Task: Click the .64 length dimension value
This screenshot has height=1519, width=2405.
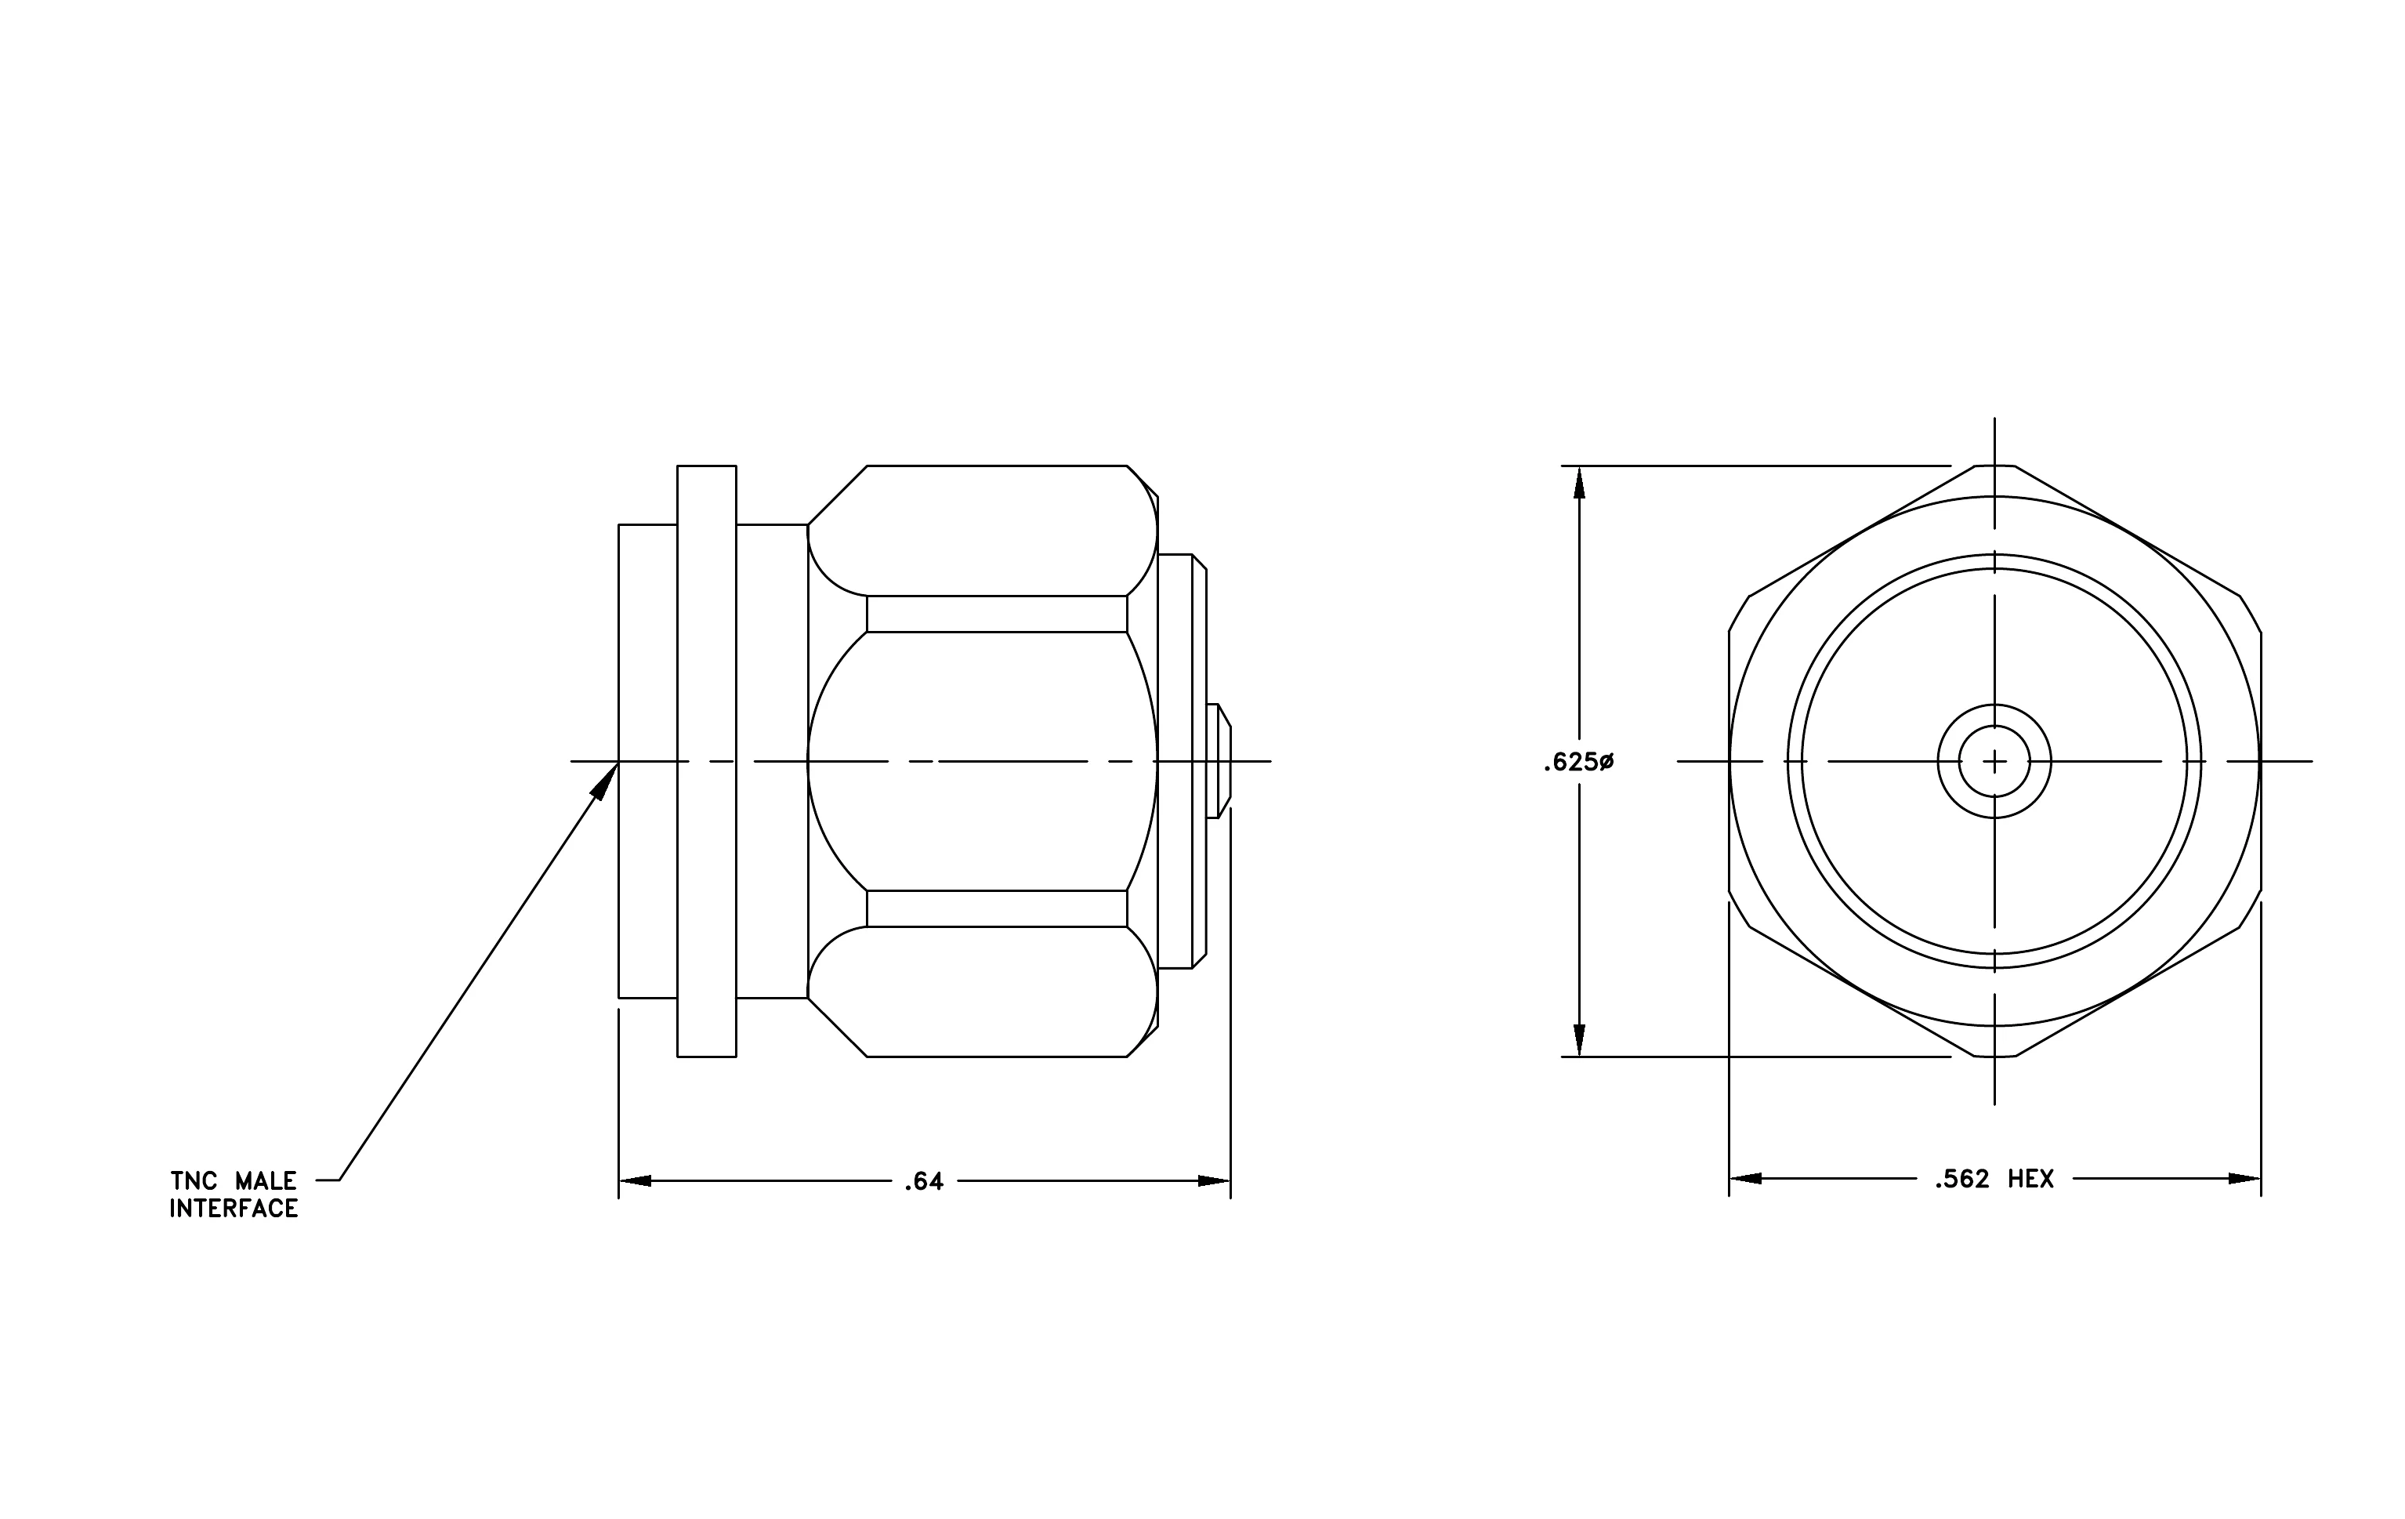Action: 923,1181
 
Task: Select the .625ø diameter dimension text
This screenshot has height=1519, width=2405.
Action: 1578,762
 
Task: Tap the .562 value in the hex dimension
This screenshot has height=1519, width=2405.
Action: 1961,1180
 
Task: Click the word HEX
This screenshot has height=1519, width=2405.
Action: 2030,1180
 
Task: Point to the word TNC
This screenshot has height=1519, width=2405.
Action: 194,1181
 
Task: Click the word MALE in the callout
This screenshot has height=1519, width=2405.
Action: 265,1181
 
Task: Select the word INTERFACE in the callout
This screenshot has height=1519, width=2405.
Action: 234,1209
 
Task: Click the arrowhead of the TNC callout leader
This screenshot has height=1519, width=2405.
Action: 605,780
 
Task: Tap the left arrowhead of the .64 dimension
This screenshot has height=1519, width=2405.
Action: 636,1181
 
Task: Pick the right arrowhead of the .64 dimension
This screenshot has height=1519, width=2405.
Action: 1215,1181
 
